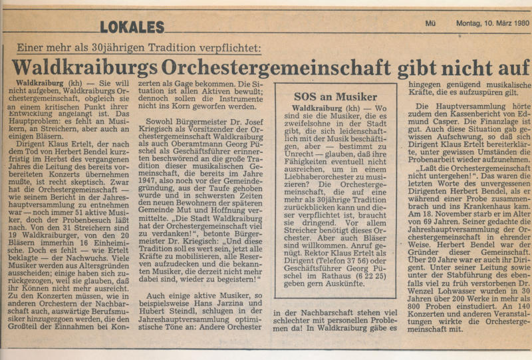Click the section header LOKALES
pos(132,27)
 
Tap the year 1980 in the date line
pos(518,23)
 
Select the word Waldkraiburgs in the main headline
pos(78,68)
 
